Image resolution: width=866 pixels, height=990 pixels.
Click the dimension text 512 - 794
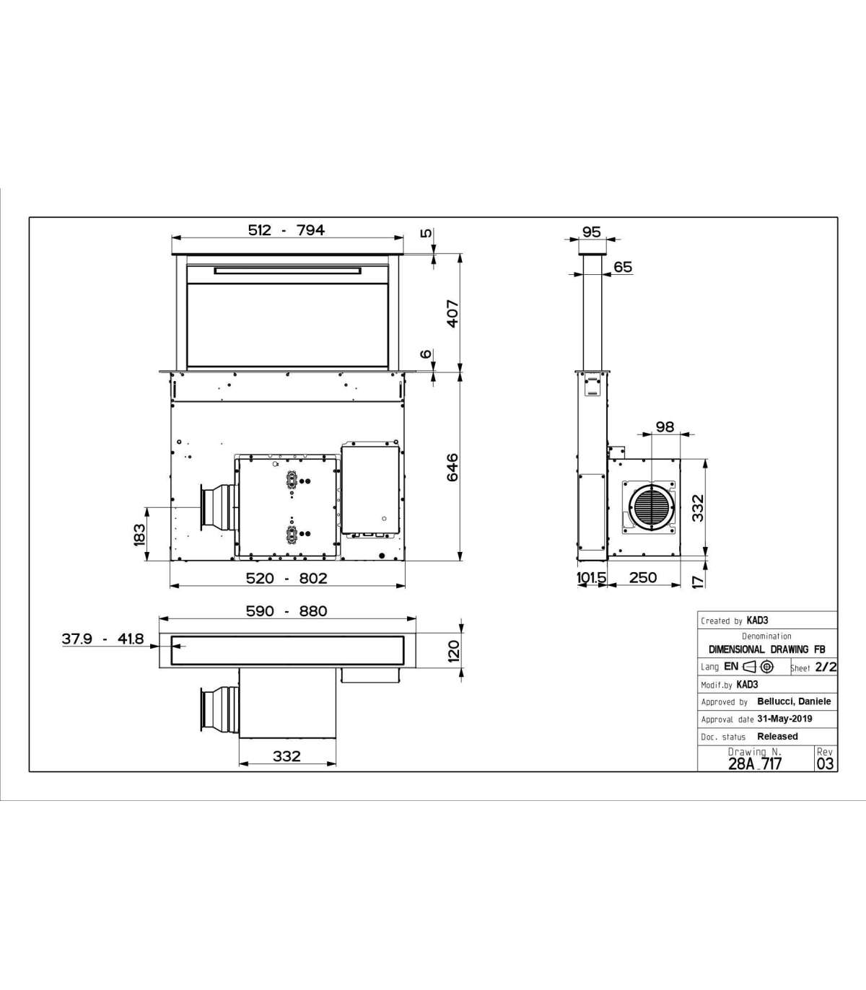tap(287, 230)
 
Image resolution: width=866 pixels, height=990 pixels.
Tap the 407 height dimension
tap(452, 314)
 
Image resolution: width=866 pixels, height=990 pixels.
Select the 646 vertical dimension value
tap(452, 467)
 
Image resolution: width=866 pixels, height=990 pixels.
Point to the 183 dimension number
tap(139, 534)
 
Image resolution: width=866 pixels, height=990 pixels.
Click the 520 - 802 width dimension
tap(287, 578)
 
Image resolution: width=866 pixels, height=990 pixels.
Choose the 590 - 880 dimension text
tap(287, 611)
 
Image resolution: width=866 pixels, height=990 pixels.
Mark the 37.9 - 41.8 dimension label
tap(102, 639)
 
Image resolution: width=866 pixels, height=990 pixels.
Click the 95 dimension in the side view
tap(591, 232)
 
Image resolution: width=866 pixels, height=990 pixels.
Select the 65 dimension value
tap(623, 266)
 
